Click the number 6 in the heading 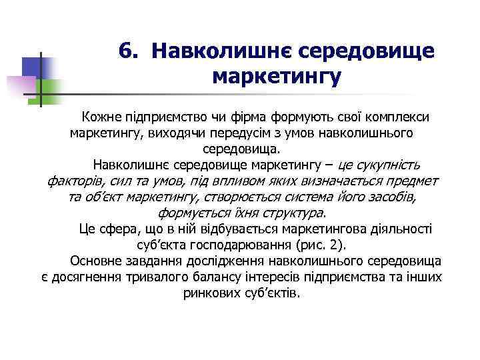click(127, 51)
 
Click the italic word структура click(292, 213)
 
